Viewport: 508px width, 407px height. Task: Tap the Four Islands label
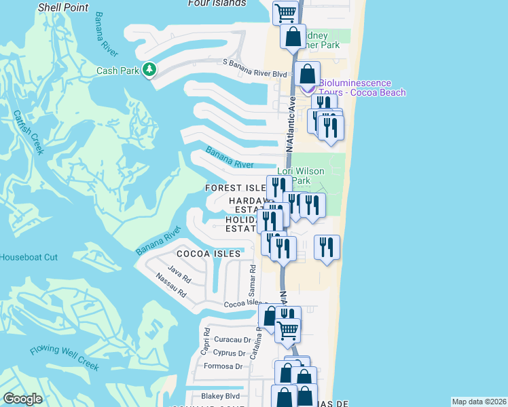217,3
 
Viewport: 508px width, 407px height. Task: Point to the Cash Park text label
117,71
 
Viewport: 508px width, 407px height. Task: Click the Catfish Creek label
28,133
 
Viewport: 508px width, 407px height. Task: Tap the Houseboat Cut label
29,258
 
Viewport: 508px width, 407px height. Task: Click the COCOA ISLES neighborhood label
208,254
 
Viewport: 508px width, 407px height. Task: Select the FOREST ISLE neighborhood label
236,188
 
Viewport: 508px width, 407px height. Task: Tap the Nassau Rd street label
170,285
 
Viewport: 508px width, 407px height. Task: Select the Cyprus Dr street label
229,353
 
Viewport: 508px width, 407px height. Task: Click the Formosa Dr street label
225,366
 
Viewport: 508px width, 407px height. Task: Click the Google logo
22,399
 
